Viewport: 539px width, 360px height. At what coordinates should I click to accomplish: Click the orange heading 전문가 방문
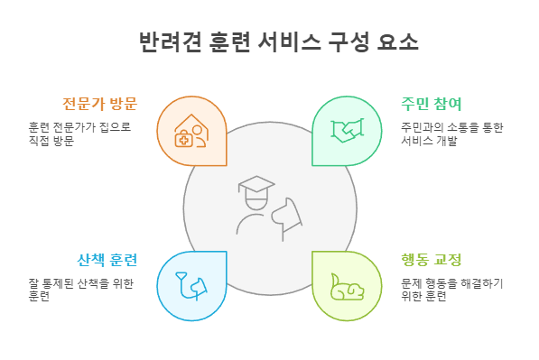99,101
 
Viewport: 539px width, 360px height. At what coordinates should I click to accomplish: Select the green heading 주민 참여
432,101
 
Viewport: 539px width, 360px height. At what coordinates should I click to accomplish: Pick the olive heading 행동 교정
432,261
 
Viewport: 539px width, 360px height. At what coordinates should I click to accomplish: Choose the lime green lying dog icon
346,286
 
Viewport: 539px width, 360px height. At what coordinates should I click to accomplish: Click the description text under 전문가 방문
79,134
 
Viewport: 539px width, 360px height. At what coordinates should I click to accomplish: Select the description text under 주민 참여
452,134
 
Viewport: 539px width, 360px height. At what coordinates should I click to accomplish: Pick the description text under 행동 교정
452,290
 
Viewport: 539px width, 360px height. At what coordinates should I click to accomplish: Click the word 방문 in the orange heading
121,101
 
